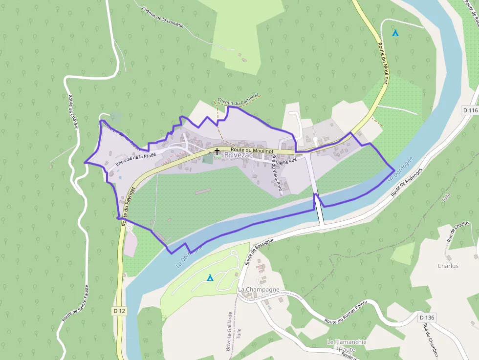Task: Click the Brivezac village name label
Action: click(x=239, y=155)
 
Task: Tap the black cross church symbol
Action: click(x=217, y=152)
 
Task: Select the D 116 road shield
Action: click(x=470, y=110)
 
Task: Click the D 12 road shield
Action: click(x=119, y=311)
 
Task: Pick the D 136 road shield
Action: click(x=426, y=318)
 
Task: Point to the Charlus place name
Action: click(x=448, y=266)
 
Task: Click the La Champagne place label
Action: click(x=259, y=289)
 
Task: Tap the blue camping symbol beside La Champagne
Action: click(x=210, y=278)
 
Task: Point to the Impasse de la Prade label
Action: click(x=136, y=159)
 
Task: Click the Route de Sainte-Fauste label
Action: click(x=75, y=303)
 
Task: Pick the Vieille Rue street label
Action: click(x=287, y=160)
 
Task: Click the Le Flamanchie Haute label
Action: click(x=348, y=345)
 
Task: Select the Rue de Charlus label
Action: click(x=458, y=231)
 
